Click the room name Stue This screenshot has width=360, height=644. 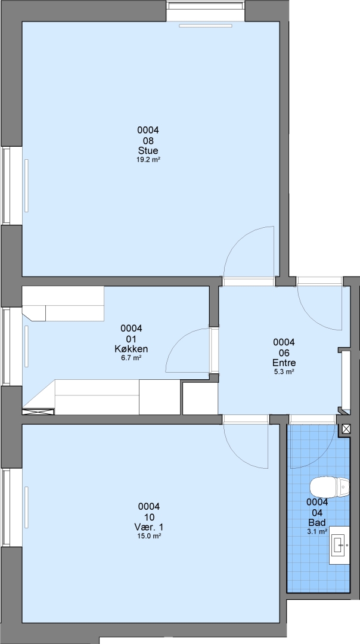(148, 150)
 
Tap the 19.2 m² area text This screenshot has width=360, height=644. (148, 160)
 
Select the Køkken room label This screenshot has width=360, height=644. (131, 349)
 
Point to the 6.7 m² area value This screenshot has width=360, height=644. (131, 358)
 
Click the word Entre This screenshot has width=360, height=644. (284, 363)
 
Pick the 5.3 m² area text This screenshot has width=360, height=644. (284, 371)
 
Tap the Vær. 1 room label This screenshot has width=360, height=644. (149, 527)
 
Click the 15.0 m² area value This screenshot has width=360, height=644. (149, 536)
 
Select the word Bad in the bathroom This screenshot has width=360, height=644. (317, 522)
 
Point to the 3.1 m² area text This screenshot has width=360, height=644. (317, 531)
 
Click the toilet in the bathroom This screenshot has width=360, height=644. (329, 487)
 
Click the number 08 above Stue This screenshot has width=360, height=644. (148, 141)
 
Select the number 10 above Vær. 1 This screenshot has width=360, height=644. (149, 517)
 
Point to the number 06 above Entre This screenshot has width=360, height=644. (284, 353)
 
